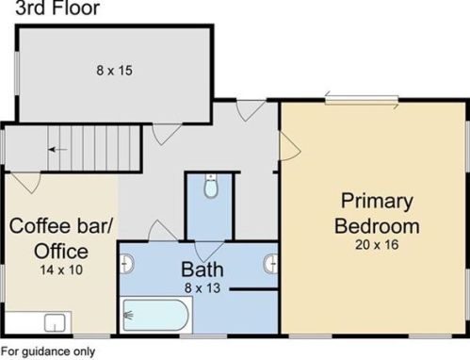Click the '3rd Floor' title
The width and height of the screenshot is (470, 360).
pyautogui.click(x=57, y=8)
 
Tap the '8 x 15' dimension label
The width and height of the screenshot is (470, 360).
pyautogui.click(x=114, y=71)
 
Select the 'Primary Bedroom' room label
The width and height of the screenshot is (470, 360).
pyautogui.click(x=377, y=213)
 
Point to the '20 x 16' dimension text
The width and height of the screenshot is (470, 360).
pyautogui.click(x=377, y=245)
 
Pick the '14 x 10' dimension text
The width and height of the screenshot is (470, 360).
pyautogui.click(x=61, y=270)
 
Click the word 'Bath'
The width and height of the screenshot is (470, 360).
pyautogui.click(x=203, y=270)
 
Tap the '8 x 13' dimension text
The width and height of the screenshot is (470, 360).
pyautogui.click(x=203, y=288)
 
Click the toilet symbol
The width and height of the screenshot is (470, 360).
pyautogui.click(x=211, y=186)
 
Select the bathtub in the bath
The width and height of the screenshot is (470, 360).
pyautogui.click(x=156, y=315)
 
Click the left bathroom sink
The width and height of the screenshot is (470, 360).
pyautogui.click(x=127, y=264)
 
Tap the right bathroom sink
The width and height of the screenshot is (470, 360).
pyautogui.click(x=270, y=264)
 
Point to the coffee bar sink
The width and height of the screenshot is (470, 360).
pyautogui.click(x=55, y=323)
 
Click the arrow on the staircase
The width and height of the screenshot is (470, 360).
pyautogui.click(x=57, y=150)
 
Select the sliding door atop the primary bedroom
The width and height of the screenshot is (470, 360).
pyautogui.click(x=362, y=100)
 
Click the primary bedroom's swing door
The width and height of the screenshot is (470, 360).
pyautogui.click(x=290, y=146)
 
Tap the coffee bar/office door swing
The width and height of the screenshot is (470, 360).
pyautogui.click(x=26, y=183)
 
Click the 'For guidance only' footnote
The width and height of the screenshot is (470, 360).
pyautogui.click(x=48, y=352)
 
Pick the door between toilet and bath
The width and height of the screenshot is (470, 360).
pyautogui.click(x=209, y=251)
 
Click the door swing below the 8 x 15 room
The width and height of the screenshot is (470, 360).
pyautogui.click(x=167, y=135)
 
